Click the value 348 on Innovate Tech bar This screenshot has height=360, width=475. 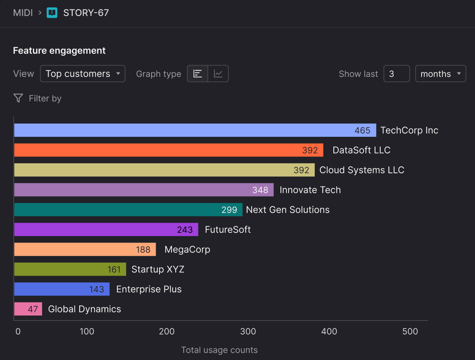260,190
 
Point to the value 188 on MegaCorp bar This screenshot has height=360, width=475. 143,249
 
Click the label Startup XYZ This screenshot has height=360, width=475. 158,269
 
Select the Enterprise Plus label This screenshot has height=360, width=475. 149,289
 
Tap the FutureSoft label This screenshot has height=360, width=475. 228,230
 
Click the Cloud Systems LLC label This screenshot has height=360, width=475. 362,170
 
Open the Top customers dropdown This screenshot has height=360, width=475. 83,74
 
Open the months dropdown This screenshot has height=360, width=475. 441,74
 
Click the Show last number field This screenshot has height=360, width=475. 396,74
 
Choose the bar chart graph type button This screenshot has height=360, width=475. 198,74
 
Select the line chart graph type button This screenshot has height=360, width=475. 218,74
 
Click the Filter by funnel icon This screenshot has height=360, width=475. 18,99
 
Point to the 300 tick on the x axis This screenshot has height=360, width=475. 248,332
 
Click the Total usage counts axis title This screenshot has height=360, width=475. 219,350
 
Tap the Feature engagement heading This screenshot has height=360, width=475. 59,51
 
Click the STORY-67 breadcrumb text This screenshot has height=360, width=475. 86,13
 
